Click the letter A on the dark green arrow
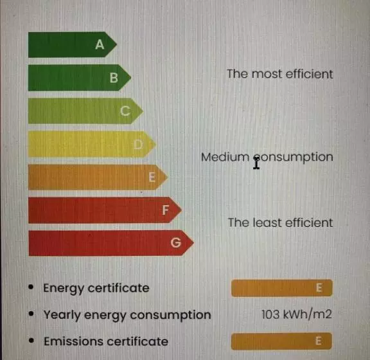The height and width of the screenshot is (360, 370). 100,44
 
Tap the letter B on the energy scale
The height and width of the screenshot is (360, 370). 114,78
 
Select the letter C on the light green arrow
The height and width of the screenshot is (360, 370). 125,111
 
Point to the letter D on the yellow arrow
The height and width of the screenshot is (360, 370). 138,145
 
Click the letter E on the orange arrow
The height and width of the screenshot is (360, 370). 152,177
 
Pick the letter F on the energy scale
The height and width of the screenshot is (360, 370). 166,210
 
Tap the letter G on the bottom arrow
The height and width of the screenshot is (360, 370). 176,242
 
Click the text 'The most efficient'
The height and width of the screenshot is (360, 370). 280,74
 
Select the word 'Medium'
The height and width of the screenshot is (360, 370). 225,157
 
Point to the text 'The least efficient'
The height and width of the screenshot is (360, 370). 280,223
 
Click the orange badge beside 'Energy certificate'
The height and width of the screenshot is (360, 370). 282,288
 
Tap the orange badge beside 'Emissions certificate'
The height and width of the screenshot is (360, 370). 281,341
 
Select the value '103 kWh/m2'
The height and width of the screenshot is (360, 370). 297,314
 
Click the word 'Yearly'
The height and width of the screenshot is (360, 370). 62,316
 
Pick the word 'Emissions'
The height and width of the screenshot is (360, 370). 74,341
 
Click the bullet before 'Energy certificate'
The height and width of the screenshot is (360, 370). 31,287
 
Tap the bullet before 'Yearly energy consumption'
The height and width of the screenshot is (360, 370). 31,314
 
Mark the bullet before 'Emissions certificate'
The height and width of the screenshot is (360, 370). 31,341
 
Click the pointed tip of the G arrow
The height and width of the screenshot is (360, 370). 193,242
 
